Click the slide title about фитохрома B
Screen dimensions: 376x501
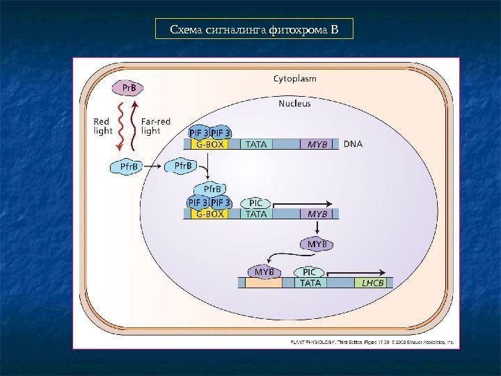254,30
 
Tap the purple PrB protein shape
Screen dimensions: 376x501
129,88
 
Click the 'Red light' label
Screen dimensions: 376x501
103,125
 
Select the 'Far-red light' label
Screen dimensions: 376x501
156,125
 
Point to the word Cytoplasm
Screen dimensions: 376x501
294,79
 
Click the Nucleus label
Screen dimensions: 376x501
294,104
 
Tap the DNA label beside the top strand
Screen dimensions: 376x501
353,144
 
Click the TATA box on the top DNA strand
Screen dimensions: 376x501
257,145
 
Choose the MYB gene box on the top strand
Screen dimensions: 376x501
317,145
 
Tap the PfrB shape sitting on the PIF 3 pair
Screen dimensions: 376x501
212,189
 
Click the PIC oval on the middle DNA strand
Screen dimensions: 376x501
255,203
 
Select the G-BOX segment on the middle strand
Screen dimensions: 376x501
210,214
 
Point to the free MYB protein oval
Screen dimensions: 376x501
317,244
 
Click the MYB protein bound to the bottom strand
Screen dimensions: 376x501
264,271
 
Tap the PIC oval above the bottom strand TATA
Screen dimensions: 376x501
310,271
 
